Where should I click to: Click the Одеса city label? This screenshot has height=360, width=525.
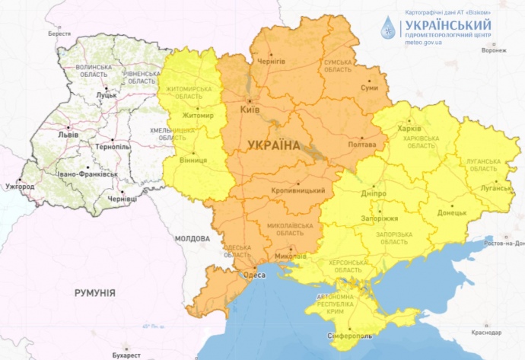pyautogui.click(x=253, y=276)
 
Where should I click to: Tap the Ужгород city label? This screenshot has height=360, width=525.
pyautogui.click(x=20, y=186)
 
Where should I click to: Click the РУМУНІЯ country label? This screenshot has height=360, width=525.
pyautogui.click(x=95, y=292)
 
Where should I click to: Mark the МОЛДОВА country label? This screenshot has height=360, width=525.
pyautogui.click(x=192, y=238)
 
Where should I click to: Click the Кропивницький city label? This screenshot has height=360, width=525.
pyautogui.click(x=298, y=190)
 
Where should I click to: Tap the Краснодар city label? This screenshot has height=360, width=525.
pyautogui.click(x=485, y=333)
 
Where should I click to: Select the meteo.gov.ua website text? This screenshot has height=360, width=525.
pyautogui.click(x=424, y=43)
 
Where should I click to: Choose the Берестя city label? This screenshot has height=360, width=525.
pyautogui.click(x=59, y=34)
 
